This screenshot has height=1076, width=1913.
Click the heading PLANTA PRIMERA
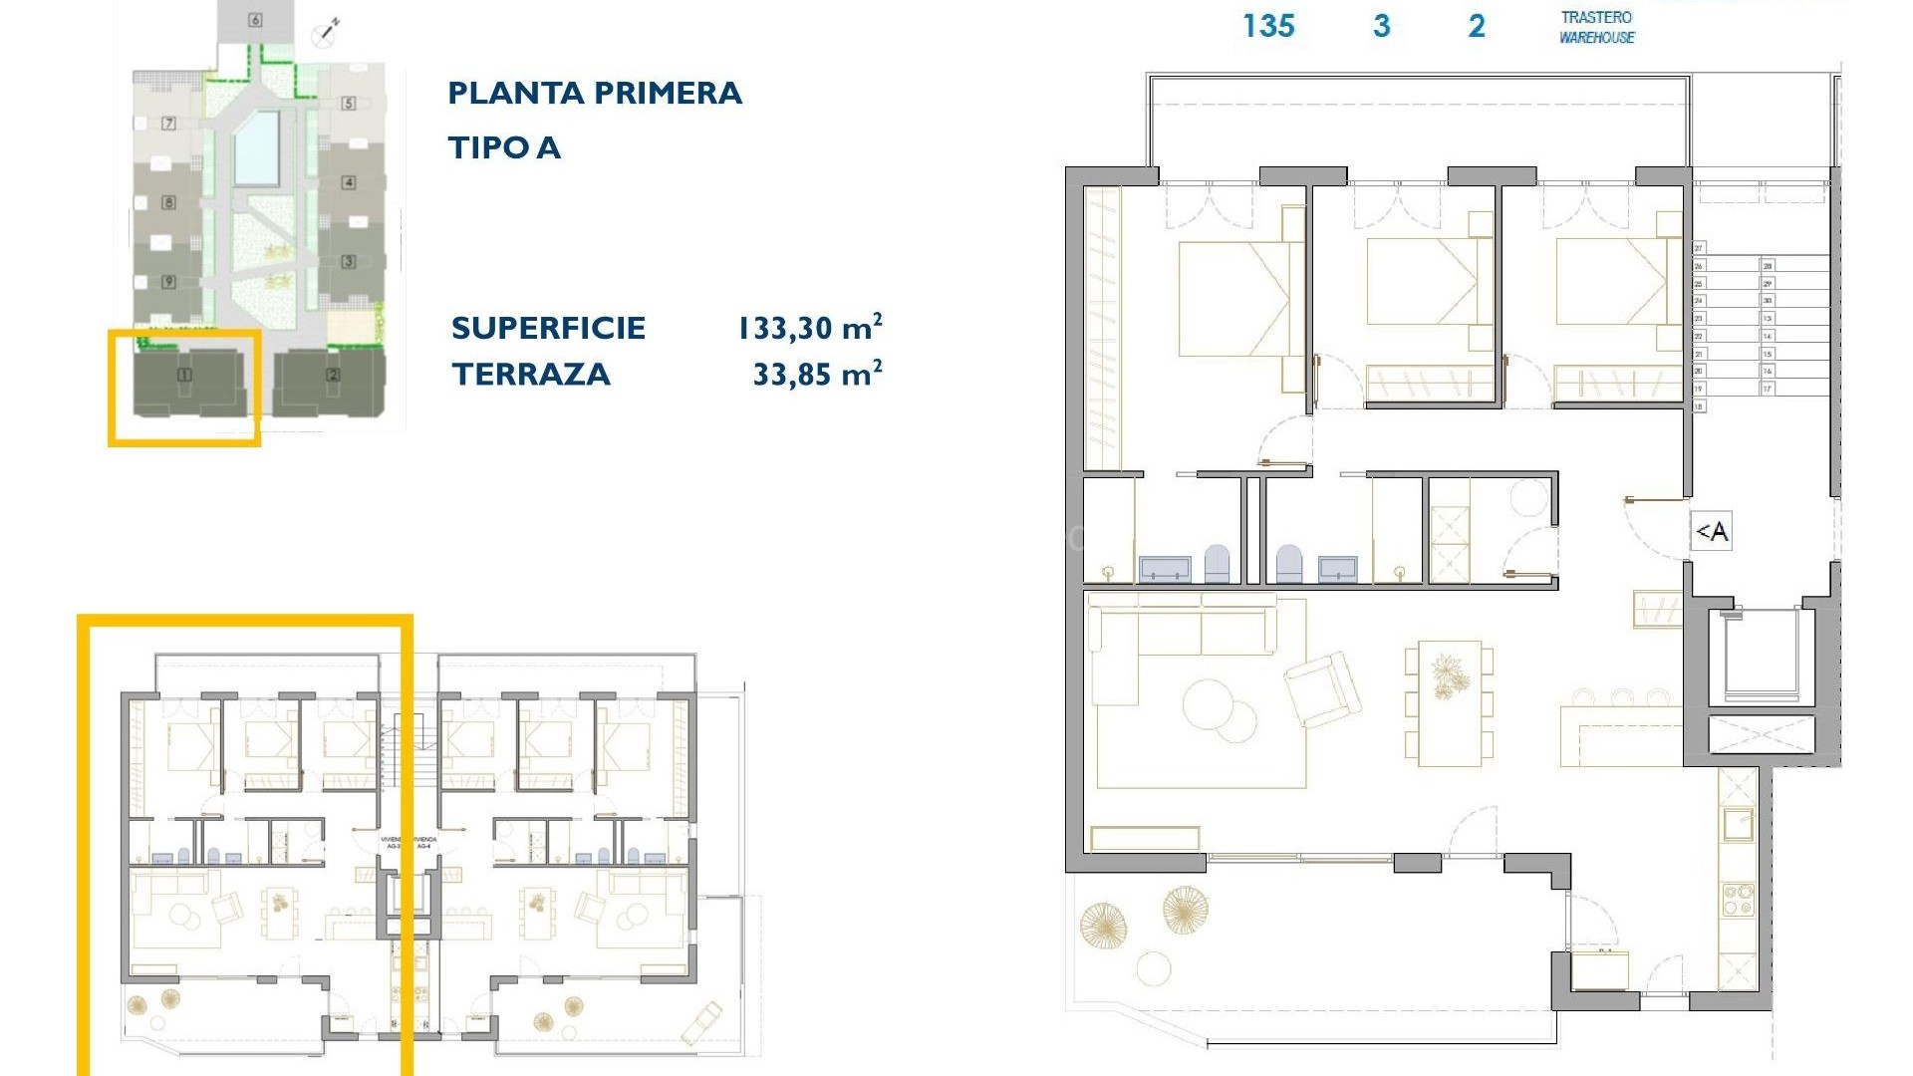point(594,94)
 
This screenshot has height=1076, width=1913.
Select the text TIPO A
point(504,148)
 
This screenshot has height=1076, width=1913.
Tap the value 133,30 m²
point(809,328)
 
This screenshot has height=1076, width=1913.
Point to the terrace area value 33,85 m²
point(817,375)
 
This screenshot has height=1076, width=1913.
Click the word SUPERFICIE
point(548,328)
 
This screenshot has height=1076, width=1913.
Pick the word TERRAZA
point(530,375)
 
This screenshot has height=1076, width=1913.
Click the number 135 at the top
point(1268,26)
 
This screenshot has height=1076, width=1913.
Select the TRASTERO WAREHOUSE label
point(1596,28)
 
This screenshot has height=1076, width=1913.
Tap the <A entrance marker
point(1712,532)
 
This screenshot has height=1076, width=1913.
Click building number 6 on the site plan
point(255,20)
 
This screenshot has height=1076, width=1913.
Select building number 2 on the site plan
point(333,376)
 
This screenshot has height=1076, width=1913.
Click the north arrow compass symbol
point(326,32)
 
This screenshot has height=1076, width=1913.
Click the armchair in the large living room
point(1322,687)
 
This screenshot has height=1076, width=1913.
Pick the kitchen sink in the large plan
point(1739,825)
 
